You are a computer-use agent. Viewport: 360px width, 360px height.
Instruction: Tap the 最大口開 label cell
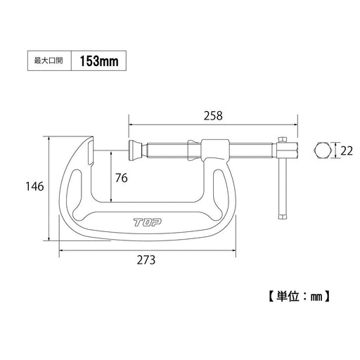[x=49, y=61]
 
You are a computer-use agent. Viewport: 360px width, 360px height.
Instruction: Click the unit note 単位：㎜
[x=300, y=296]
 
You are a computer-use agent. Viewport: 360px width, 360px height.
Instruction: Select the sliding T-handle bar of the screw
[x=283, y=179]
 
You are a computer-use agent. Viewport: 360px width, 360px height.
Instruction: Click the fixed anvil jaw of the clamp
[x=92, y=150]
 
